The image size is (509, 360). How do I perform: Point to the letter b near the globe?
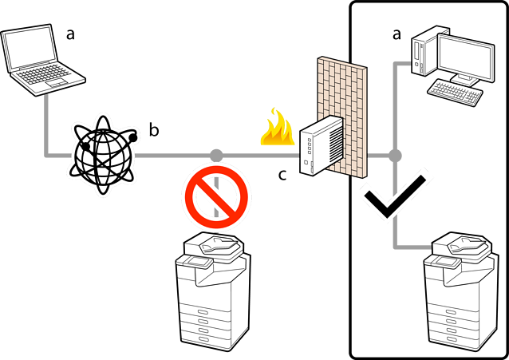pos(154,129)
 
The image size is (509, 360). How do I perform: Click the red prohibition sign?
pos(216,197)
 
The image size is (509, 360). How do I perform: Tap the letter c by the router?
pos(282,173)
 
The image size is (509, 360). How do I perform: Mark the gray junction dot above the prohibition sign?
pos(215,155)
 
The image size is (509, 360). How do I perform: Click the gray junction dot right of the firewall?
pos(394,155)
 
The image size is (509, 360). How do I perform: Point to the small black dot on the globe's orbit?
pos(134,138)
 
